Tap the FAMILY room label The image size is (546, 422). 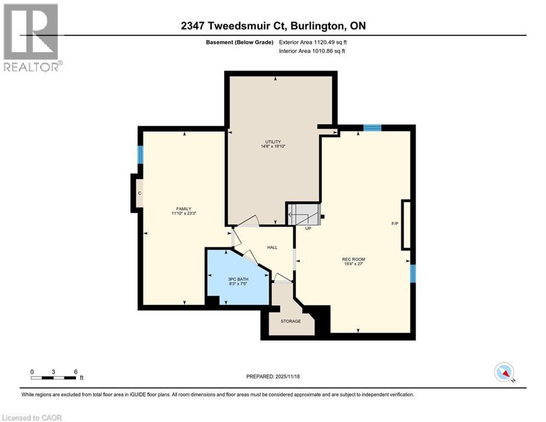pos(183,209)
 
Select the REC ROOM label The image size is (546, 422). pos(353,259)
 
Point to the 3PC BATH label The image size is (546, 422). pos(238,279)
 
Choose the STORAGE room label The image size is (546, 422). pos(290,321)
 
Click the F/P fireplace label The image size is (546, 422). pos(394,224)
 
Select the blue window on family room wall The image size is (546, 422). pos(140,154)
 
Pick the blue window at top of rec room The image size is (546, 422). pos(372,128)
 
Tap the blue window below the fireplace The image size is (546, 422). pos(413,273)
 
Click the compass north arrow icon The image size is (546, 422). pos(503,373)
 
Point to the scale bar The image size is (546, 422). pos(54,377)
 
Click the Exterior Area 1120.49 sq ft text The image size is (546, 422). pos(313,42)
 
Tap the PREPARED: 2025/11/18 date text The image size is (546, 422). pos(273,376)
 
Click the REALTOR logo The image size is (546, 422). pos(31,37)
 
